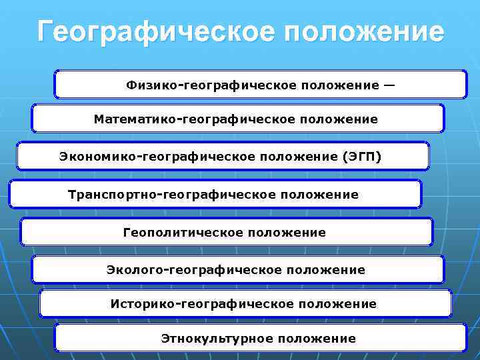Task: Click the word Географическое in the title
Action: click(x=152, y=31)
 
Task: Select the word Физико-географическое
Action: click(x=211, y=85)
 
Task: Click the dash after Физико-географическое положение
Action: click(x=389, y=85)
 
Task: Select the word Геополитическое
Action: click(x=183, y=233)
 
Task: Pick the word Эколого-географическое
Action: click(x=193, y=270)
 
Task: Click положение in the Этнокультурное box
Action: click(x=317, y=339)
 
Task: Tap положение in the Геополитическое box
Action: click(x=287, y=233)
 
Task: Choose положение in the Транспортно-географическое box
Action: click(x=319, y=195)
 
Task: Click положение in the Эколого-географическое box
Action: click(x=326, y=270)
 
